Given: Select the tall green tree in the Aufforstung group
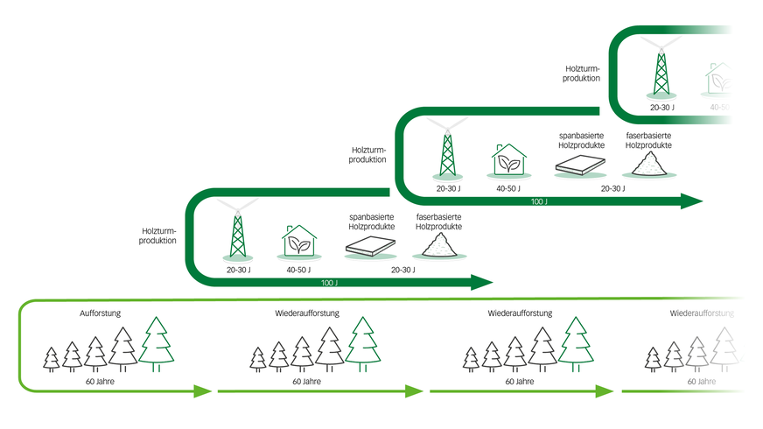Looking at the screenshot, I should point(157,343).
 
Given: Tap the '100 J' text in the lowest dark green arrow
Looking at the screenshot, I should point(329,282).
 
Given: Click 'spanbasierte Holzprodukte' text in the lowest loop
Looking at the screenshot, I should point(370,221).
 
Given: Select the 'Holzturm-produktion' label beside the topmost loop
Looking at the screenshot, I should point(582,73).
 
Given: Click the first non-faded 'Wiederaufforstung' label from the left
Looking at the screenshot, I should point(301,313).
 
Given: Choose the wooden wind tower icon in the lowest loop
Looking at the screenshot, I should point(237,235).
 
